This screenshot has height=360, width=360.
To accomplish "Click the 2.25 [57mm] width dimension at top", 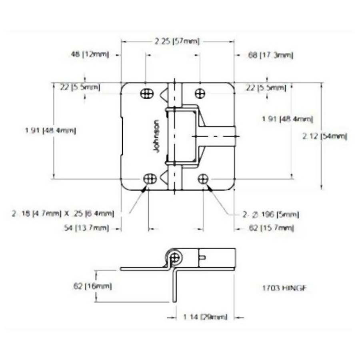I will point(177,41).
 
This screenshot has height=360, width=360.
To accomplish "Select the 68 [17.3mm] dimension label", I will point(270,56).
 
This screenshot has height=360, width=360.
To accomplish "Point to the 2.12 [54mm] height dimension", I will point(324,136).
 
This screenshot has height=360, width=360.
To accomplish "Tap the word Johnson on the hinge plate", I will point(156,136).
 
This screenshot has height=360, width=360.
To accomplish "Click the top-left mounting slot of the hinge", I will point(147,94).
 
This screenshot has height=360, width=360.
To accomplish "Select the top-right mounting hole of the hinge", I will point(200,93).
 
